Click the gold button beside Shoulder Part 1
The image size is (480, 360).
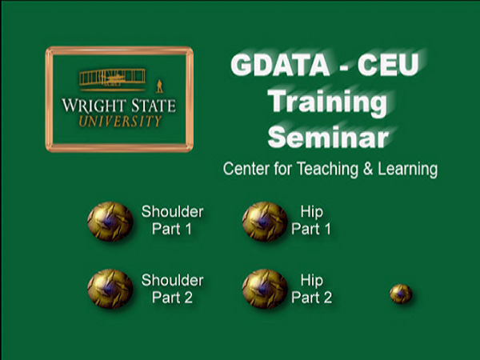(x=110, y=222)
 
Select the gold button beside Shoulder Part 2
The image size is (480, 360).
(x=110, y=289)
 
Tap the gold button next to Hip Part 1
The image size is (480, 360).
(x=265, y=222)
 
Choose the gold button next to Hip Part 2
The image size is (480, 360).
(x=265, y=289)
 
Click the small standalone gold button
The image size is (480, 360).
(x=401, y=294)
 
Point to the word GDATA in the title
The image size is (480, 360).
(x=280, y=65)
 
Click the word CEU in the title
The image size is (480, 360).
(x=388, y=65)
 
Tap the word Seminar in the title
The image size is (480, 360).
(x=328, y=137)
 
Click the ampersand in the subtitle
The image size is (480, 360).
(x=368, y=169)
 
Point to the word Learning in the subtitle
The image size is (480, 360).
(x=408, y=170)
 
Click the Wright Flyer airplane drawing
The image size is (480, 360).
(x=112, y=80)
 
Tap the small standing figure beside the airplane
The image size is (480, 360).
(x=159, y=86)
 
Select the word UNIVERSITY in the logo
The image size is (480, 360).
(x=120, y=122)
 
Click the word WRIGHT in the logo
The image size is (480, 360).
(x=94, y=106)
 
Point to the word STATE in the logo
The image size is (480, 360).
(x=154, y=106)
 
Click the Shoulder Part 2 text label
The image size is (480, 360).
(x=172, y=289)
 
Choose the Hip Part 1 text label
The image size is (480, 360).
(x=311, y=221)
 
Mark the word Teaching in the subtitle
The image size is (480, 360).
(x=327, y=170)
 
